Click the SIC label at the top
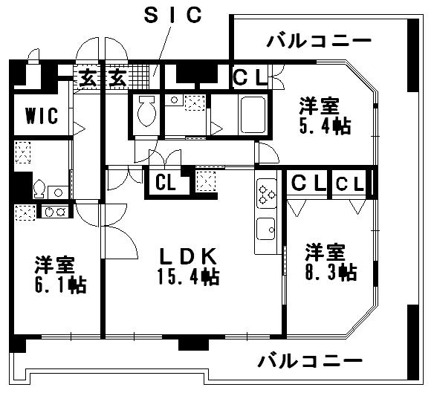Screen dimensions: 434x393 click(173, 16)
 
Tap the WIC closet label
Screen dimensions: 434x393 click(42, 115)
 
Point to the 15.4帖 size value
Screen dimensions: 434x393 click(189, 277)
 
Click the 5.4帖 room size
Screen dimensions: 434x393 click(325, 126)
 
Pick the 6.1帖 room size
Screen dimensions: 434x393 click(61, 285)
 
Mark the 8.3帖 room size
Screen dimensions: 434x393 click(331, 273)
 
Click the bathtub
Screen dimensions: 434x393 click(253, 115)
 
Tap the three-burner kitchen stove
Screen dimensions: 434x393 click(267, 193)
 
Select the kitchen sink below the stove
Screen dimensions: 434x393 click(266, 229)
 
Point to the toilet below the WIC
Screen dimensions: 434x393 click(39, 189)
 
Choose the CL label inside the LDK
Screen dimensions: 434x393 click(166, 183)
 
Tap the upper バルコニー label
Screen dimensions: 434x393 click(319, 42)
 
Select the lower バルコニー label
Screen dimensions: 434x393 click(311, 361)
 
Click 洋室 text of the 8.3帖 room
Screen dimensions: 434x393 click(325, 252)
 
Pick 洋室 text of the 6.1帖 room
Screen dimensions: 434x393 click(55, 265)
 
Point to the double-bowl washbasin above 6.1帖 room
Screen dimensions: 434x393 click(55, 212)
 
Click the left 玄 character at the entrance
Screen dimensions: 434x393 click(88, 77)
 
